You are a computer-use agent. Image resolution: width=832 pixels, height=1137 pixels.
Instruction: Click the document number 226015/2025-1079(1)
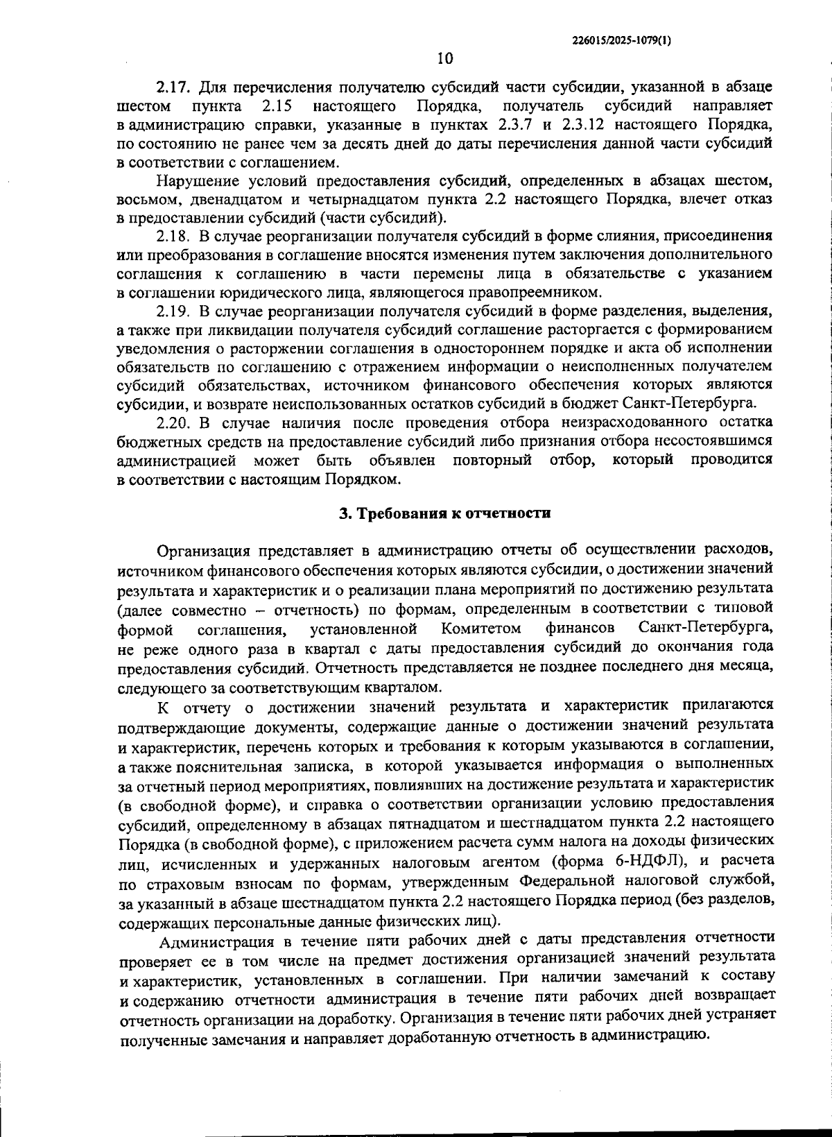coord(622,41)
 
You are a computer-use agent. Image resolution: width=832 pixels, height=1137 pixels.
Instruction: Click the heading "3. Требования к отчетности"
coord(444,513)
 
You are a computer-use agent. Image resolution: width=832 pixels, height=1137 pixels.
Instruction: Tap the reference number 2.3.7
coord(516,126)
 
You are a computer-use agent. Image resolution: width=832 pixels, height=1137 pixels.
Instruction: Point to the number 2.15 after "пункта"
coord(277,107)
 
